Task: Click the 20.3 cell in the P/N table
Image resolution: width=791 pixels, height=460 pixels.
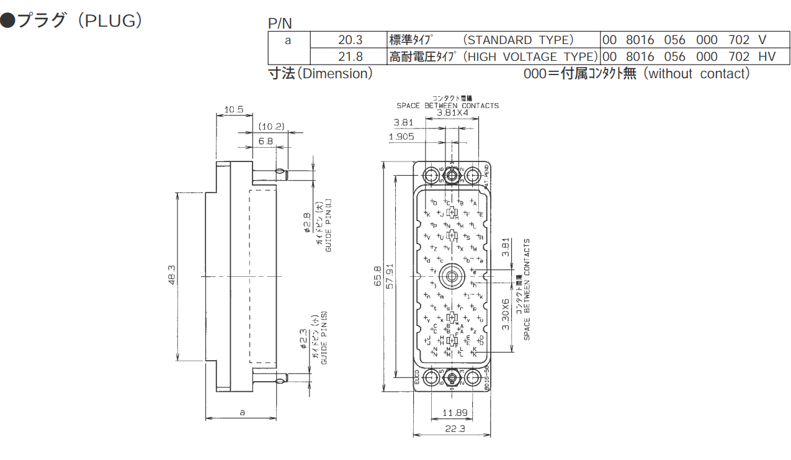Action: pos(350,40)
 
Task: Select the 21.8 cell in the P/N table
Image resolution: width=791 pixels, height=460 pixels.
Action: pos(350,57)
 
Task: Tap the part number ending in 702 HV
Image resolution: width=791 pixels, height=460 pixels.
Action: pos(689,57)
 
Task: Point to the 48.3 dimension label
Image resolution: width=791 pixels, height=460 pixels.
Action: pos(172,274)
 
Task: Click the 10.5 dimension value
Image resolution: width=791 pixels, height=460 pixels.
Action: pos(234,110)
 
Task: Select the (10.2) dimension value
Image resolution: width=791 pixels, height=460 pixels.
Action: pos(271,127)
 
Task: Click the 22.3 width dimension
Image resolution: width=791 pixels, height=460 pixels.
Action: pos(452,429)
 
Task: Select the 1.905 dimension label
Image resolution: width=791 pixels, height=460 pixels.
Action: pos(401,137)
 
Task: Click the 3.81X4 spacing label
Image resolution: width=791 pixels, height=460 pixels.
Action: pos(452,113)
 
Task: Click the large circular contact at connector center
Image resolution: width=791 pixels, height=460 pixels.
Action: pos(452,275)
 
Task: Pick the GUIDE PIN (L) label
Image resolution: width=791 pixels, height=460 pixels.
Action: pos(329,225)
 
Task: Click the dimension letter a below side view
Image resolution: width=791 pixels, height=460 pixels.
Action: pos(243,412)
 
